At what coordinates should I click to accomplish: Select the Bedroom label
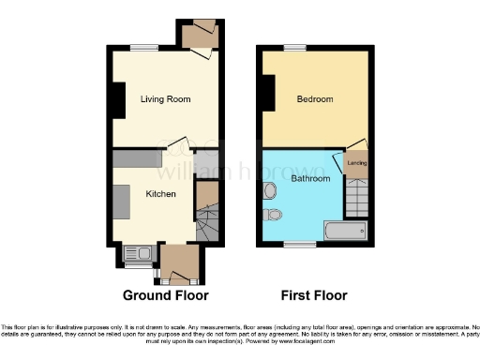coord(314,99)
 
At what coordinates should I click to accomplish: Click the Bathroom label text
coord(309,178)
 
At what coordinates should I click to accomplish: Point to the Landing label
coord(357,165)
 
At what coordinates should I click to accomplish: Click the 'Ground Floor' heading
coord(165,294)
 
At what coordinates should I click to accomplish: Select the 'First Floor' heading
coord(315,294)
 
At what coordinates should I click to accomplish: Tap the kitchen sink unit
coord(142,252)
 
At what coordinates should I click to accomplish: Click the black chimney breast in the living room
coord(119,100)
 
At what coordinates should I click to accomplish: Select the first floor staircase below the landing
coord(356,197)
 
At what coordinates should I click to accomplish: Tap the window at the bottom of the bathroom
coord(301,244)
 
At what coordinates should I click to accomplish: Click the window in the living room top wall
coord(142,48)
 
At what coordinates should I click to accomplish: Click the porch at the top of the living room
coord(199,35)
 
